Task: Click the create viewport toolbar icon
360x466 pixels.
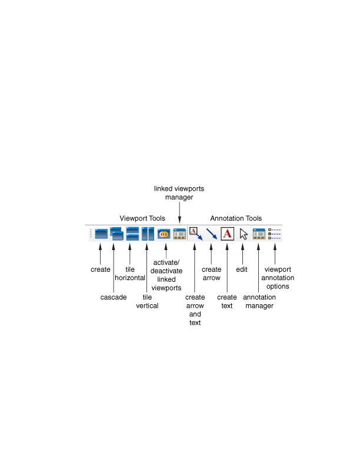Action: pyautogui.click(x=101, y=234)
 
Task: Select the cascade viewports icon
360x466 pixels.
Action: pyautogui.click(x=116, y=234)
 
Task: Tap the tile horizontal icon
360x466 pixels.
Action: pyautogui.click(x=132, y=234)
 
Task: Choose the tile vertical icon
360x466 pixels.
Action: pyautogui.click(x=148, y=234)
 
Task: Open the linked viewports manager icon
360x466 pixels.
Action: pyautogui.click(x=179, y=234)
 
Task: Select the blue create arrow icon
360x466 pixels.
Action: pyautogui.click(x=212, y=234)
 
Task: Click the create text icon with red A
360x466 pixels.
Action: pyautogui.click(x=228, y=234)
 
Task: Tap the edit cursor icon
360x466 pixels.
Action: pyautogui.click(x=244, y=234)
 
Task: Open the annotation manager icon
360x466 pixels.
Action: pyautogui.click(x=259, y=234)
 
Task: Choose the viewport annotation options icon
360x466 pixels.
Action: pyautogui.click(x=274, y=234)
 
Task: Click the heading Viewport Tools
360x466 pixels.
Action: pyautogui.click(x=142, y=218)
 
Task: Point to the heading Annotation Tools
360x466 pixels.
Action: pyautogui.click(x=236, y=218)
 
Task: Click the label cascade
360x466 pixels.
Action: pyautogui.click(x=113, y=297)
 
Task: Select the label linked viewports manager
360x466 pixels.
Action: pyautogui.click(x=179, y=193)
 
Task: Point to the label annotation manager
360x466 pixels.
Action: pyautogui.click(x=259, y=301)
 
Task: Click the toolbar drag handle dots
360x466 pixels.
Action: pyautogui.click(x=90, y=234)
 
